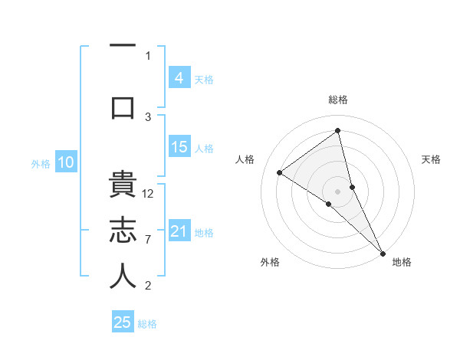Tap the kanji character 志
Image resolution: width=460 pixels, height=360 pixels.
(x=123, y=231)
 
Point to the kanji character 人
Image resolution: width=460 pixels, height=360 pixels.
(x=123, y=277)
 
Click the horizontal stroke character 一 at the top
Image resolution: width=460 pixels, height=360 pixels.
(x=123, y=46)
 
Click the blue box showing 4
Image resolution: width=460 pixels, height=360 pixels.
(x=179, y=78)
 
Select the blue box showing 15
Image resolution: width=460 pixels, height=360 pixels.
(x=179, y=148)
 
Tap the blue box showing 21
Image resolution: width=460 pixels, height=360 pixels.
(x=179, y=232)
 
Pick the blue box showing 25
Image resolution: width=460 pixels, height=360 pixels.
(x=123, y=322)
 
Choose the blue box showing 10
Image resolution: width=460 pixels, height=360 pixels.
(x=66, y=162)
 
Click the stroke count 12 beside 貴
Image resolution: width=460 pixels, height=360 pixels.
(x=149, y=194)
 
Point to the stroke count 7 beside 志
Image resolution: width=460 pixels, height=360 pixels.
(x=148, y=240)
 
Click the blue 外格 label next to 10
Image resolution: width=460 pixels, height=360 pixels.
(x=41, y=163)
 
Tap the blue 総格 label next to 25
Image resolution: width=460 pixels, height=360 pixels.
(x=147, y=324)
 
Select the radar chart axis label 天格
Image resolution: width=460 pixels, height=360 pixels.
(x=432, y=159)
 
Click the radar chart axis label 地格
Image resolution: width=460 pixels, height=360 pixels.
(x=402, y=262)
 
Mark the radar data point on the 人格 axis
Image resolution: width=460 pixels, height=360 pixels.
(x=280, y=172)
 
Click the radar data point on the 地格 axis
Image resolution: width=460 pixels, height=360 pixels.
(x=383, y=252)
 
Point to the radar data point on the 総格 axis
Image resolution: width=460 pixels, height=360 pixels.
(x=338, y=131)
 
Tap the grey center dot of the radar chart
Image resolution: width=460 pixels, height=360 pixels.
(x=338, y=191)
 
